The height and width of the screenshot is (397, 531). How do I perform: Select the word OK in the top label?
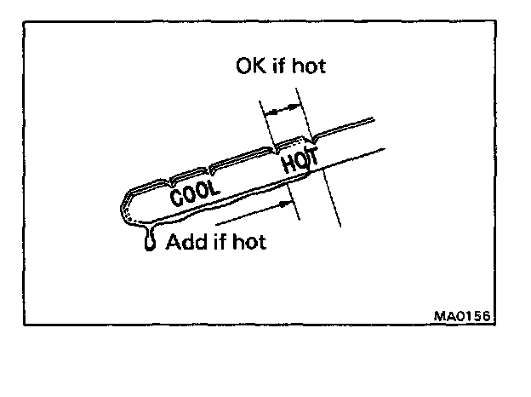coord(250,66)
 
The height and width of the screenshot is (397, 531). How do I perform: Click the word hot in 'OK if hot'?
coord(308,66)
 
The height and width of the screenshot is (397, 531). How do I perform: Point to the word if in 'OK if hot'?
coord(277,66)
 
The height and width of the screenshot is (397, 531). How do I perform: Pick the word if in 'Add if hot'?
coord(216,242)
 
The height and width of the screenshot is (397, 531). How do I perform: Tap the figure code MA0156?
coord(463,315)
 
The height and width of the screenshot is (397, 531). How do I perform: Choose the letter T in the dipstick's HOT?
coord(311,155)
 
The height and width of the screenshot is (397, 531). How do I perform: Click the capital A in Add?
coord(173,242)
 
